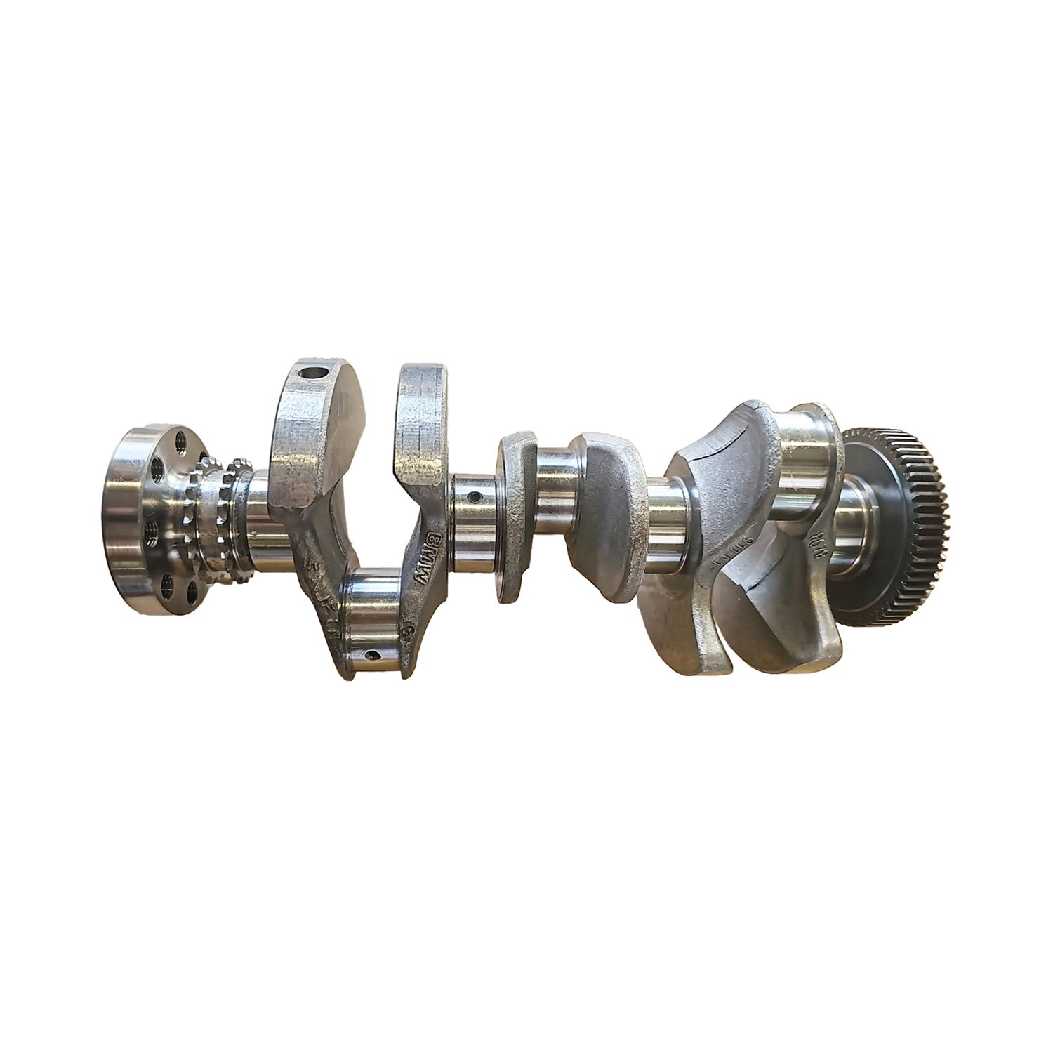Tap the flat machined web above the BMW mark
coord(421,421)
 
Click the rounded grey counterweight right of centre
coord(604,512)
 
